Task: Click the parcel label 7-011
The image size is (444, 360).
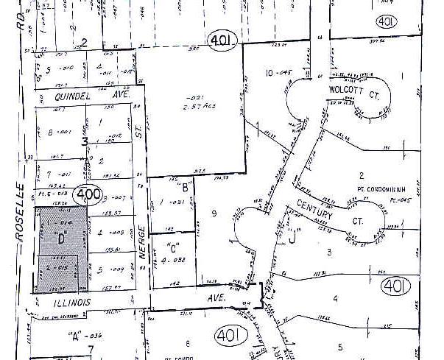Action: (58, 174)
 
